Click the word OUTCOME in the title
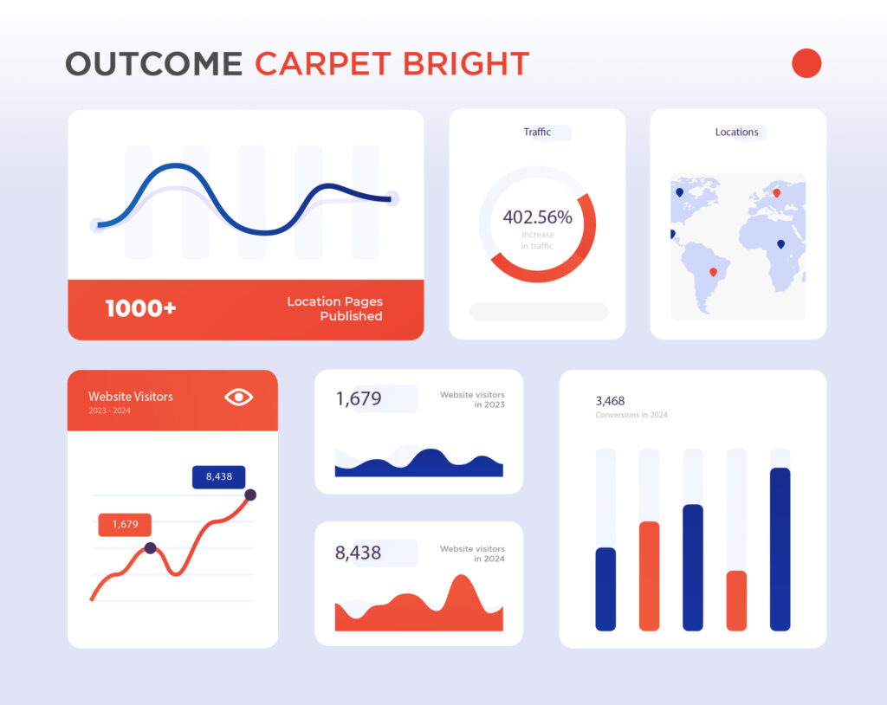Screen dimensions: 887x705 154,63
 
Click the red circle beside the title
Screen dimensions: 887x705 806,63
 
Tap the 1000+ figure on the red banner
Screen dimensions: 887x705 141,308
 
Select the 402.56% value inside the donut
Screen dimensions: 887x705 537,217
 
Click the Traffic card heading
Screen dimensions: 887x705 537,132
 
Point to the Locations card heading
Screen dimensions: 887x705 736,132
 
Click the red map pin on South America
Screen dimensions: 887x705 714,272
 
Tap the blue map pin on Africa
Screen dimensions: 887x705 780,244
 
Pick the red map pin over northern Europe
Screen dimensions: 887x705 777,193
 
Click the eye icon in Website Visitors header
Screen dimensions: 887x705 239,398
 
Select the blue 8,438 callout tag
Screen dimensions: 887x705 219,477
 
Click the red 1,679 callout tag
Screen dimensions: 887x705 125,525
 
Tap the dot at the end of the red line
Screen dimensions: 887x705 250,495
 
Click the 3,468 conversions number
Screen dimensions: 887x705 610,401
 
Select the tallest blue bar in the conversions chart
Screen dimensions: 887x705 780,549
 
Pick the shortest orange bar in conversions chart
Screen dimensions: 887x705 736,600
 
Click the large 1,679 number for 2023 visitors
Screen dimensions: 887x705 359,399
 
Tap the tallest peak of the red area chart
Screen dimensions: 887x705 462,576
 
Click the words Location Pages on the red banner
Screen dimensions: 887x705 335,301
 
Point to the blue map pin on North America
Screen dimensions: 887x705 679,192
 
